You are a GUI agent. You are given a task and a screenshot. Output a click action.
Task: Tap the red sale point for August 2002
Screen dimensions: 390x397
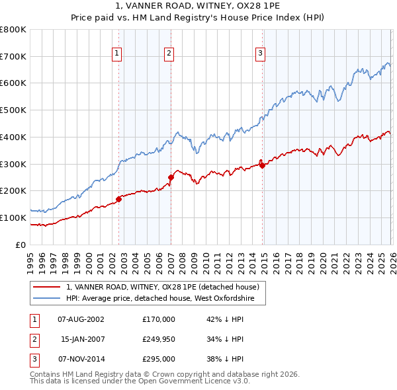pyautogui.click(x=119, y=198)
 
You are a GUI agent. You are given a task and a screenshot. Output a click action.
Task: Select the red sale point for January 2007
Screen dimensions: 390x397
pyautogui.click(x=171, y=177)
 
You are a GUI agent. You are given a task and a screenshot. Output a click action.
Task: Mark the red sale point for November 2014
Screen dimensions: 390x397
pyautogui.click(x=262, y=165)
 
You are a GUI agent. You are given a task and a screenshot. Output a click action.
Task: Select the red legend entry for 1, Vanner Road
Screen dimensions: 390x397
pyautogui.click(x=165, y=287)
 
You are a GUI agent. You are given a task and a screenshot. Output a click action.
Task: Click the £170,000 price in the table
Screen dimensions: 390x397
pyautogui.click(x=159, y=319)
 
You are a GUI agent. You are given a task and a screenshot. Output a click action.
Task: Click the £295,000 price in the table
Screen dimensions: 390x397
pyautogui.click(x=159, y=360)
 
